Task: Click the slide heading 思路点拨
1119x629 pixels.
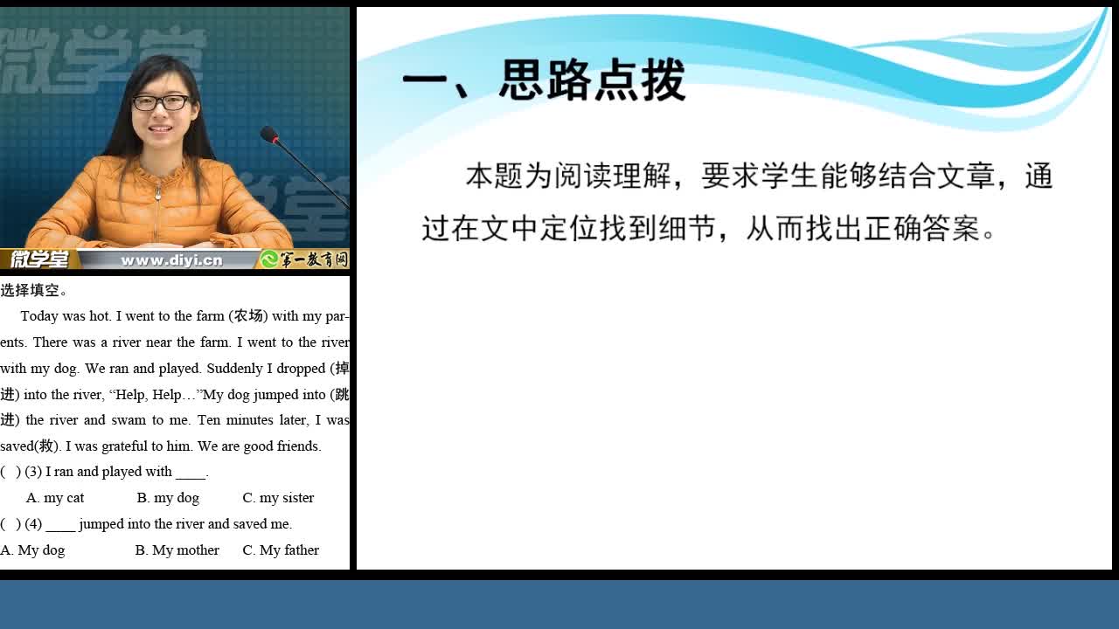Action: point(593,80)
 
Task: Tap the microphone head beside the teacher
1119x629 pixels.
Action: point(269,135)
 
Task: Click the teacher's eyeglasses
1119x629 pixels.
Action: point(162,102)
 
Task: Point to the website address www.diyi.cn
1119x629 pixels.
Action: point(171,260)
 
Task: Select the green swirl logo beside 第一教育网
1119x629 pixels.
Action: point(269,259)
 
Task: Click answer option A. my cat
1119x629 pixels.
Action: point(55,498)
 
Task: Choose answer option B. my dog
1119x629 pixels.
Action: point(168,498)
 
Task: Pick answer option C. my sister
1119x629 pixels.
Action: point(278,498)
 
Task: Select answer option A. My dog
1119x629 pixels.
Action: point(32,550)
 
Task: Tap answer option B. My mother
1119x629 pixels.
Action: point(177,550)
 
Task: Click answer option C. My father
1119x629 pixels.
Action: point(281,550)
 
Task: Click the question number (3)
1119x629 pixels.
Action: point(33,472)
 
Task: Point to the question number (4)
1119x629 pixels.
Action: point(33,524)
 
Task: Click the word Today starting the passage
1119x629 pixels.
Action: point(39,316)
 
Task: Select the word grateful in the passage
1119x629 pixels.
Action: point(124,446)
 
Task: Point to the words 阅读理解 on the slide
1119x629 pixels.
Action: point(614,176)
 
